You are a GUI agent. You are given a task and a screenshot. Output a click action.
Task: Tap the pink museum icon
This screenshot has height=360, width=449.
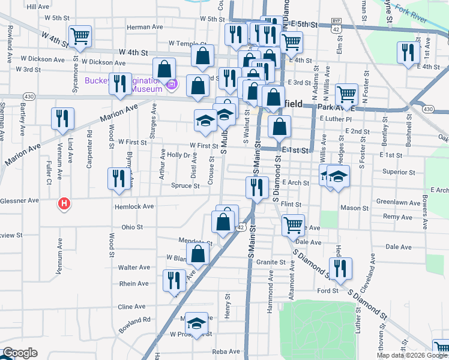(172, 85)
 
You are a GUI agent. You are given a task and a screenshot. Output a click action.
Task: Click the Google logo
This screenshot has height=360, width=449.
(20, 353)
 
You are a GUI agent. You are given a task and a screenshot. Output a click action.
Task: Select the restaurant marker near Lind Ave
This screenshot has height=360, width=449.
(62, 119)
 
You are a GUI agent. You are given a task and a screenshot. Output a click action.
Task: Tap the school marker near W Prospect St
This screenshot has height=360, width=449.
(196, 324)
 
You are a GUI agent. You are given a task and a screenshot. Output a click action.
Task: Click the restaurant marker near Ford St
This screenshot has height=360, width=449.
(341, 269)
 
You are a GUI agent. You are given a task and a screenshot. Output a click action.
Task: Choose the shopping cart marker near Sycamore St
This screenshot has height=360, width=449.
(80, 36)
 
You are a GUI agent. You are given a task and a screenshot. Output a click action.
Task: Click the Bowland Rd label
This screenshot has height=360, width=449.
(134, 321)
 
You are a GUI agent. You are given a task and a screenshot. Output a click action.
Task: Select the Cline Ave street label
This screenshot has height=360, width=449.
(131, 306)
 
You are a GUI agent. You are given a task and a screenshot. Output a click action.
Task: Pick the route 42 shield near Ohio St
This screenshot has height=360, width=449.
(240, 227)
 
